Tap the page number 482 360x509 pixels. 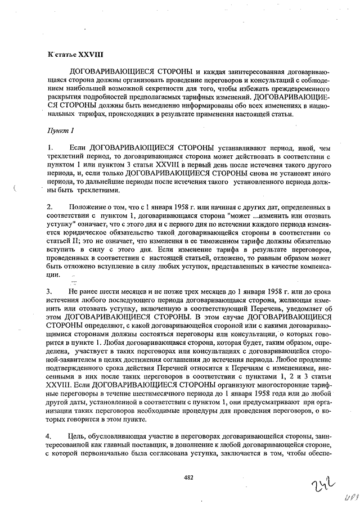(188, 478)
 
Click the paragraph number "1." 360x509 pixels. (50, 147)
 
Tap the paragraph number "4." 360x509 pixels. (50, 436)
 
